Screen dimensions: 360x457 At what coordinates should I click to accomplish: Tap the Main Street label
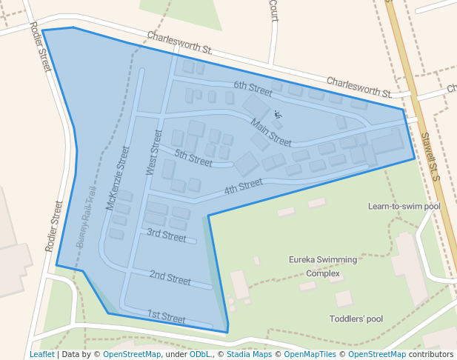270,132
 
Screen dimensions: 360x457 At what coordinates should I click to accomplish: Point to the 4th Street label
244,186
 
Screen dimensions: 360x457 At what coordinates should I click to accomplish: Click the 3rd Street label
166,235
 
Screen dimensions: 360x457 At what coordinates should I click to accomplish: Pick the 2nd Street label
170,278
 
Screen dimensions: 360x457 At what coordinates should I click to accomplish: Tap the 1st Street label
166,316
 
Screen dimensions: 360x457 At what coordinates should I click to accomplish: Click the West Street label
154,152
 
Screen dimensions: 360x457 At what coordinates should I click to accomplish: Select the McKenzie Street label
118,178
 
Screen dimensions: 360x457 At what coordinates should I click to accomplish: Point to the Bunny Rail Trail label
87,216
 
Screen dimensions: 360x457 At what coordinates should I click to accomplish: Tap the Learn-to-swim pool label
404,206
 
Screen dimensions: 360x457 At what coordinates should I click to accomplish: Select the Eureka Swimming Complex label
323,266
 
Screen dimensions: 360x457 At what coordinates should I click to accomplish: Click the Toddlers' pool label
356,319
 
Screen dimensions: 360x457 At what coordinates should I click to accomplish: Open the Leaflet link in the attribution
41,354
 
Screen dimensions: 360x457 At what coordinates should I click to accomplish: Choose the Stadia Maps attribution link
249,354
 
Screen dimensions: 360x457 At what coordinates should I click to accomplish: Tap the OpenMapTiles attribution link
301,354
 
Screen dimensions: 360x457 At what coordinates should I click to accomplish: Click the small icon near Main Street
278,115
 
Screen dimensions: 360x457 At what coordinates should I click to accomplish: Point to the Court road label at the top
273,10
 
